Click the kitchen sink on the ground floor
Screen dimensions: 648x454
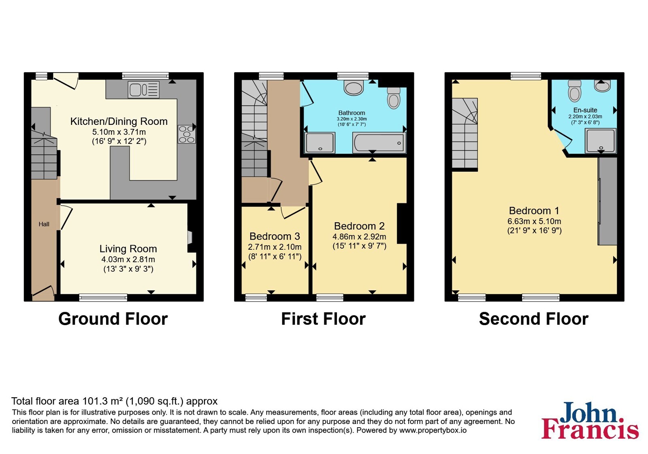coord(143,90)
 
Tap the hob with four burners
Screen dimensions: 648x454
coord(187,134)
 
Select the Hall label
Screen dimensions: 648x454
coord(44,224)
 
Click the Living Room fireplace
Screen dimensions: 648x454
coord(190,238)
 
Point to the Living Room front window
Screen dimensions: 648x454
coord(103,298)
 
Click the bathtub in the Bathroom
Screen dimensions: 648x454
coord(379,143)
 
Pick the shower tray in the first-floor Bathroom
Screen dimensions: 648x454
coord(320,142)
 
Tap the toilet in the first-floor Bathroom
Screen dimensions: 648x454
coord(393,98)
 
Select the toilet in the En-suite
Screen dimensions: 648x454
coord(575,91)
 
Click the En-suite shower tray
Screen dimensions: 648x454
coord(601,141)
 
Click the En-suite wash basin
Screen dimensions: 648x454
coord(602,86)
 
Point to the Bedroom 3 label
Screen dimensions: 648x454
coord(275,236)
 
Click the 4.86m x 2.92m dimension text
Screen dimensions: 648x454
coord(359,237)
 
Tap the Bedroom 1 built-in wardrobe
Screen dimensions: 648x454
coord(607,201)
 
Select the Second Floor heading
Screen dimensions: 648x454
coord(534,319)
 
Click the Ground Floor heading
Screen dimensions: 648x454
coord(113,319)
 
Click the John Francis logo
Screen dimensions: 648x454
coord(590,420)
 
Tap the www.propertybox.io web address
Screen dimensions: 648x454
coord(433,430)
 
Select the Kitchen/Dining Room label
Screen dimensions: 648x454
coord(119,121)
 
